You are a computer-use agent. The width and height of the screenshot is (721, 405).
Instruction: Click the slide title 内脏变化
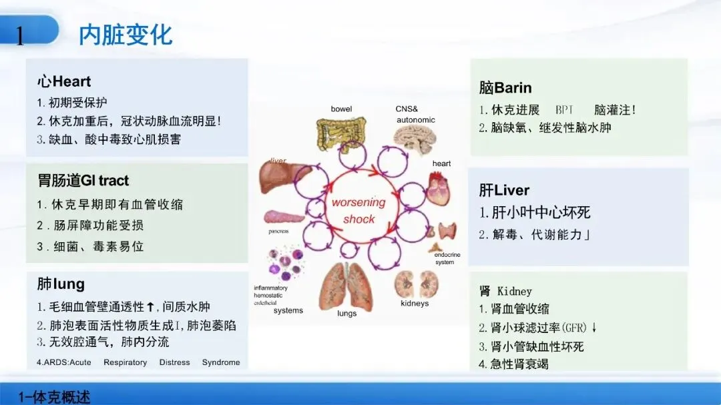click(126, 35)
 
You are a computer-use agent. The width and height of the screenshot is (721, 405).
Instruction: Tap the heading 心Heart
click(64, 82)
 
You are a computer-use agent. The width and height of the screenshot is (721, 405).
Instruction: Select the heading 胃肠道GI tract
click(83, 181)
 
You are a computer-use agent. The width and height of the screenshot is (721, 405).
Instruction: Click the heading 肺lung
click(61, 284)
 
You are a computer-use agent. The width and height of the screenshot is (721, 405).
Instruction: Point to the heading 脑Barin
click(505, 87)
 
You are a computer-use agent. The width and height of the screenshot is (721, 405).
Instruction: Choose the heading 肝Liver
click(504, 190)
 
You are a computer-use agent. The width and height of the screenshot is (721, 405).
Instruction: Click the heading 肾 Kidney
click(505, 291)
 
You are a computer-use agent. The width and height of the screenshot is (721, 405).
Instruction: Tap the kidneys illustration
click(415, 284)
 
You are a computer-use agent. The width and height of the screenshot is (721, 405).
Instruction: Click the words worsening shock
click(359, 210)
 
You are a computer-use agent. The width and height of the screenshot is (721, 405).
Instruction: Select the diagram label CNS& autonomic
click(416, 115)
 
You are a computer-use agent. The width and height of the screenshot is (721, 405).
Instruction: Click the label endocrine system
click(444, 259)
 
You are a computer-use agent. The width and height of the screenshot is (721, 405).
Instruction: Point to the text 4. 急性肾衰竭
click(513, 364)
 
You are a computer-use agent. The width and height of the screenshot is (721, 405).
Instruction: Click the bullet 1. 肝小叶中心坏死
click(535, 213)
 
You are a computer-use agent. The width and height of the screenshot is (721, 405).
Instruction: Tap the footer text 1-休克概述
click(54, 397)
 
